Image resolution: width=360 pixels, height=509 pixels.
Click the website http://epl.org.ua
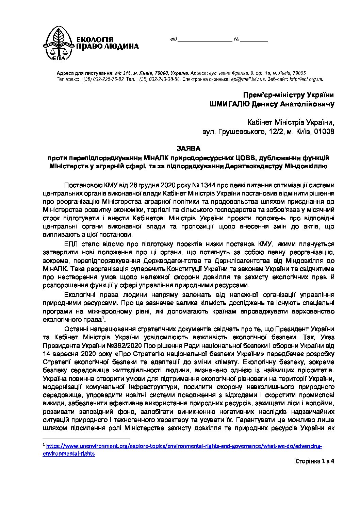coord(306,79)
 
